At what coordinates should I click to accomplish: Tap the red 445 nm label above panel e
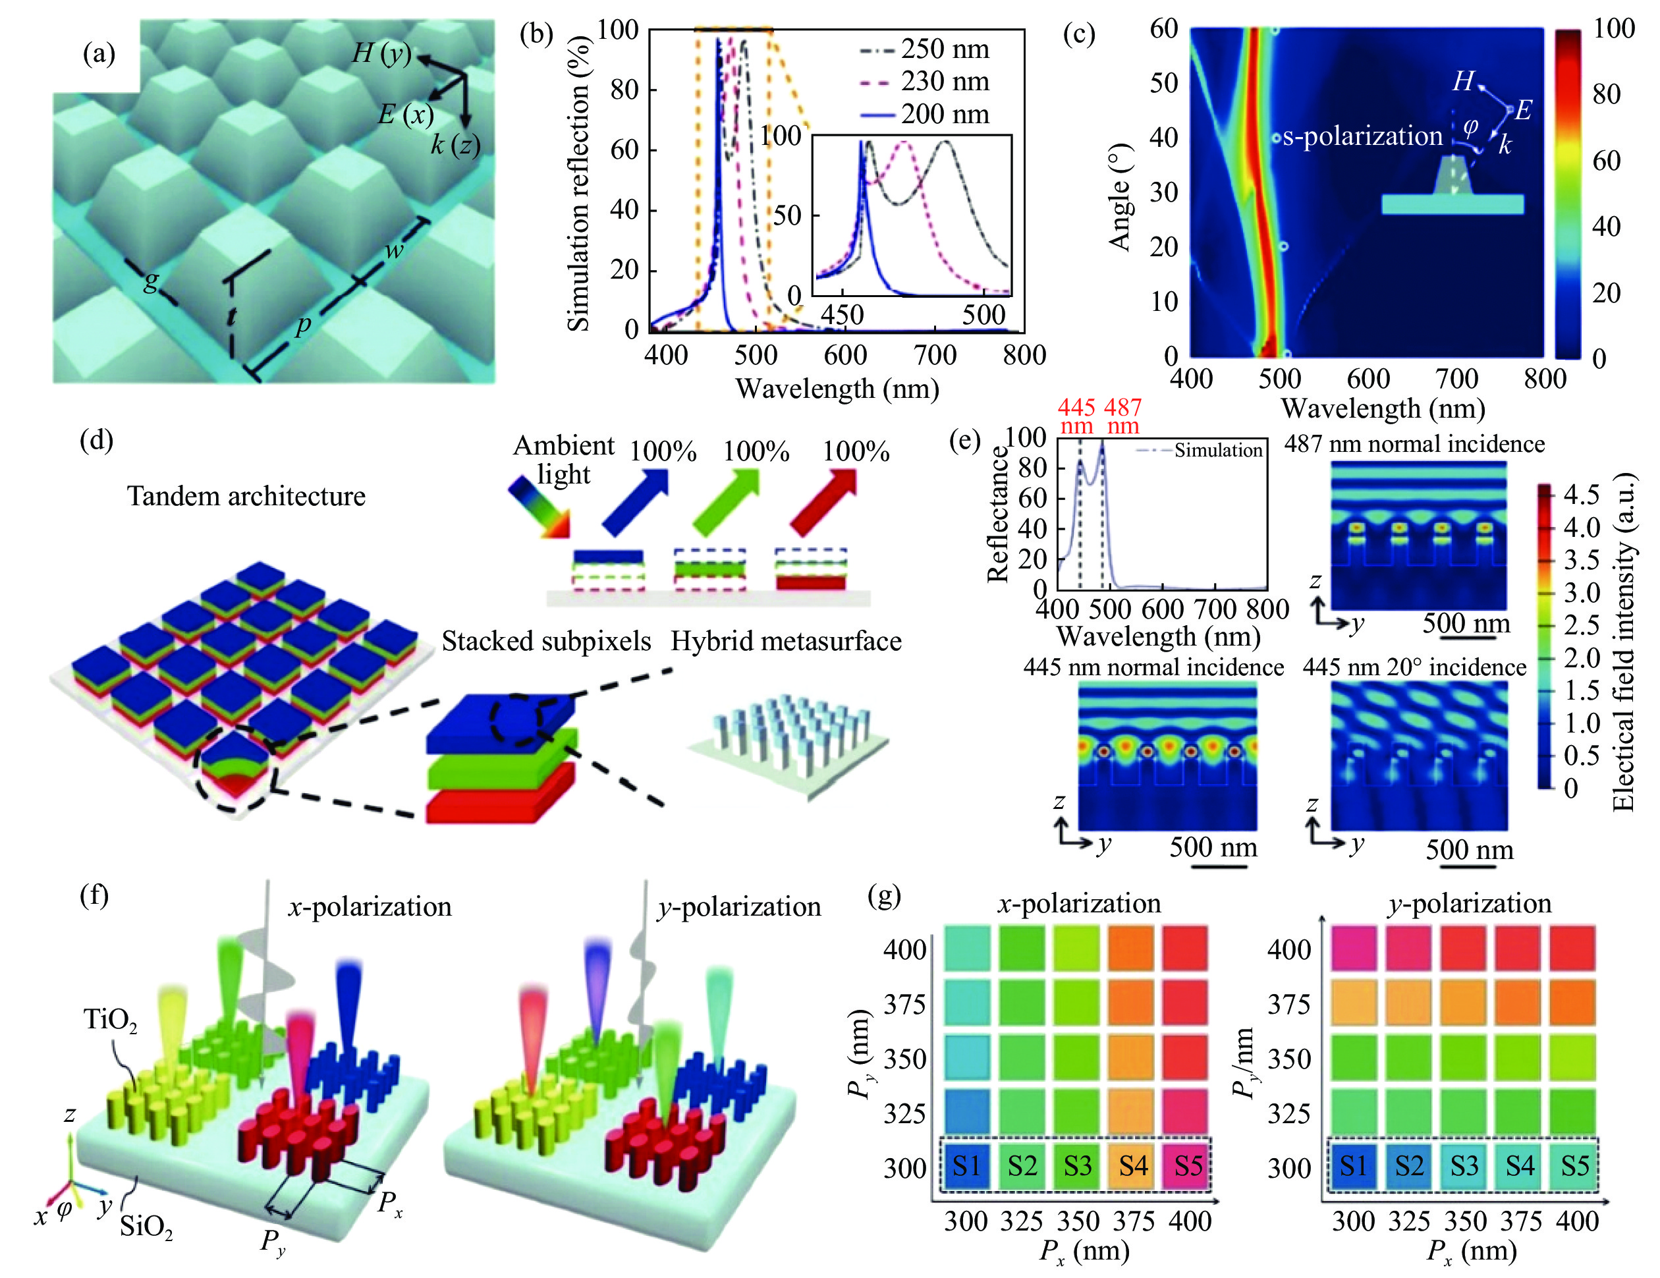click(1076, 416)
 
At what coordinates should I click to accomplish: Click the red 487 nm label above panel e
click(1122, 416)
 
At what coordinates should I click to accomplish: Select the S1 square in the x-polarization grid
click(966, 1165)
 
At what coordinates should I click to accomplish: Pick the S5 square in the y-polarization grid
click(1574, 1165)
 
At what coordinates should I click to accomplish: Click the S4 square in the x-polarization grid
click(1132, 1165)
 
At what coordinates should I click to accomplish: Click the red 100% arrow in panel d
click(824, 502)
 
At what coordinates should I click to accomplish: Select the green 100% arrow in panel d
click(726, 502)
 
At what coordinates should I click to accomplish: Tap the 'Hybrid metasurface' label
click(786, 642)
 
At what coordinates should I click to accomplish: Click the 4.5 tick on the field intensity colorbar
click(1581, 495)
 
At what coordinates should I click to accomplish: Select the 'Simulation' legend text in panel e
click(1217, 450)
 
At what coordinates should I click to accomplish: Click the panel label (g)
click(885, 897)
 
